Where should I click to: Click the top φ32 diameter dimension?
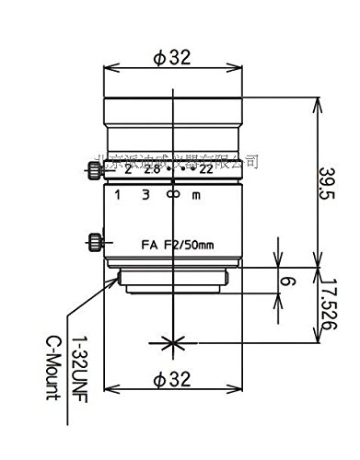tap(172, 57)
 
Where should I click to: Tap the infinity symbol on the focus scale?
tap(171, 195)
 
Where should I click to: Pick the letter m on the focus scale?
tap(195, 195)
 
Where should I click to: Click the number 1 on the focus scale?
tap(118, 195)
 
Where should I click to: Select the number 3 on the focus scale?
tap(145, 195)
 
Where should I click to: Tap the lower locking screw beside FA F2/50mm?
tap(96, 243)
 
